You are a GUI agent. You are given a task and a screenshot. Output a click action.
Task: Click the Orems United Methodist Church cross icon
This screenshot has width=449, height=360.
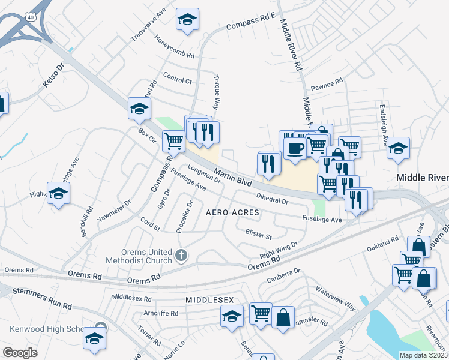coord(181,256)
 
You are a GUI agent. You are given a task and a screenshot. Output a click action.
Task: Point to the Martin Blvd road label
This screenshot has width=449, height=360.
coord(232,176)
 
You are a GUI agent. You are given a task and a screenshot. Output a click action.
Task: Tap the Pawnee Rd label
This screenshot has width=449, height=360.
coord(330,80)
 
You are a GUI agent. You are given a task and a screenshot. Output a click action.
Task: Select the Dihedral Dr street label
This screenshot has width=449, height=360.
coord(272,198)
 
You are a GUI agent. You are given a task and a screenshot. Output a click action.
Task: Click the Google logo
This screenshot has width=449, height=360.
coord(20,353)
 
